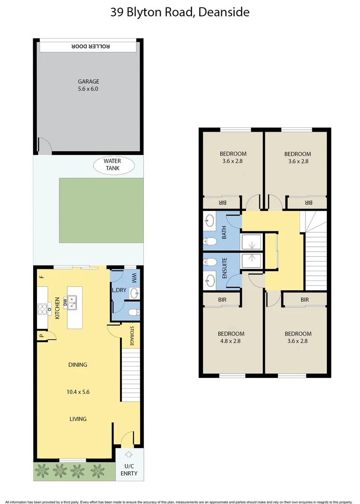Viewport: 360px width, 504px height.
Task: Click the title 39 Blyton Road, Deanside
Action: coord(180,13)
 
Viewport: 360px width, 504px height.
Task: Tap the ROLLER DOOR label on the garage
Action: coord(88,46)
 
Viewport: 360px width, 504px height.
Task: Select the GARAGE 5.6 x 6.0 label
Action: coord(88,85)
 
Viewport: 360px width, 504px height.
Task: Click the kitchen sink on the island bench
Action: coord(72,303)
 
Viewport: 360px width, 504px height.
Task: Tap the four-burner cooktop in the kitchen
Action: coord(43,309)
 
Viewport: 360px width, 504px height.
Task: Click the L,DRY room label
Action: coord(119,290)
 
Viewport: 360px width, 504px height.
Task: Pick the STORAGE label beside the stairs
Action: coord(132,336)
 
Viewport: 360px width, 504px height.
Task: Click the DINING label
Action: coord(78,365)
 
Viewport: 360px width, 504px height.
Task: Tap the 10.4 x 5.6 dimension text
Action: coord(78,392)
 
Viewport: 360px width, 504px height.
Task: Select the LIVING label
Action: coord(78,419)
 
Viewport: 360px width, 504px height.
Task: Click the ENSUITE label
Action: coord(224,268)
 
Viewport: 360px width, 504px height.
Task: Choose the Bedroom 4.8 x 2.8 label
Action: coord(231,337)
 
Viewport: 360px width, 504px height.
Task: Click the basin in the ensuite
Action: coord(211,280)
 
